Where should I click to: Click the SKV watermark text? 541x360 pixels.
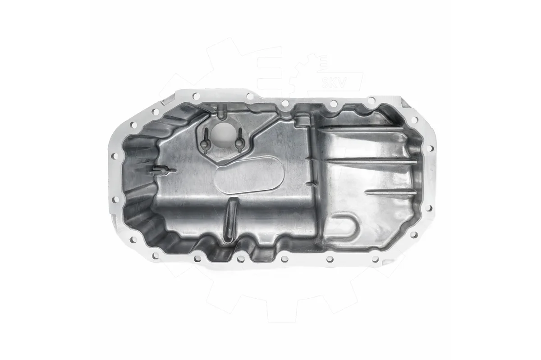click(334, 83)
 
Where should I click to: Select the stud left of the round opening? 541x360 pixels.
click(206, 141)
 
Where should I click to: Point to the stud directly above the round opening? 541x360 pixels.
click(220, 114)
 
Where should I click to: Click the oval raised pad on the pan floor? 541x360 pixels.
click(248, 176)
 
